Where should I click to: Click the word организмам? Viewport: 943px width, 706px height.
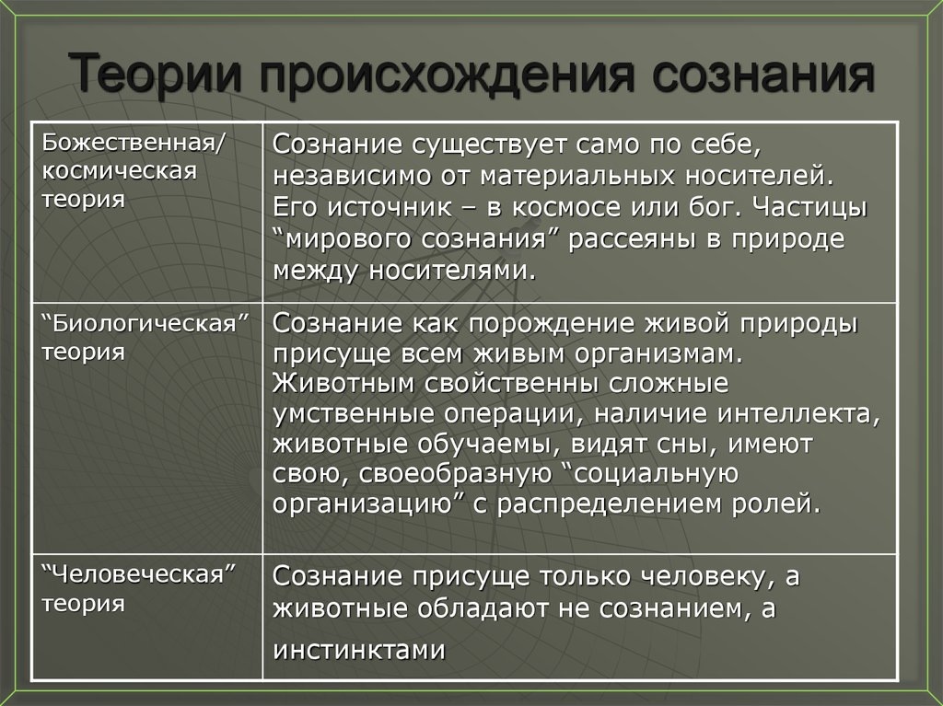642,353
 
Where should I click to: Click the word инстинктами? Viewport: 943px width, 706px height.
359,650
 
